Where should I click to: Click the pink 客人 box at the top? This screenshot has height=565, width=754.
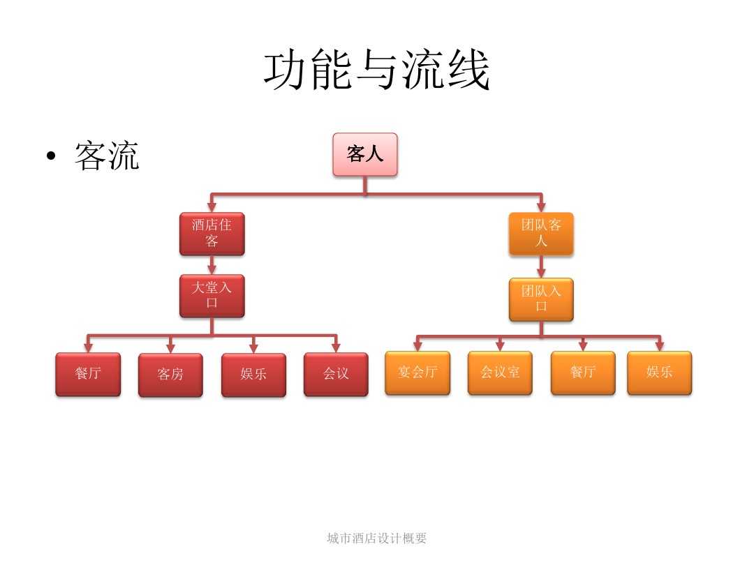[365, 154]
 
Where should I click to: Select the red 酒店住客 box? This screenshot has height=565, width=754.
[212, 234]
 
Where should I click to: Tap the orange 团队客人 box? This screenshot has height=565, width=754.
[541, 234]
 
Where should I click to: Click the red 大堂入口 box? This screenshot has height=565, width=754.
[212, 296]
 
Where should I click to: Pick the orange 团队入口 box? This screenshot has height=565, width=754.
[541, 299]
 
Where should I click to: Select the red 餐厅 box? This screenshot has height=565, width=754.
[88, 374]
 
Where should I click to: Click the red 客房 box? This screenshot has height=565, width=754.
[170, 375]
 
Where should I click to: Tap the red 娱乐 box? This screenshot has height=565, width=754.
[253, 375]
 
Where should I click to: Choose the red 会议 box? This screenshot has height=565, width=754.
[336, 374]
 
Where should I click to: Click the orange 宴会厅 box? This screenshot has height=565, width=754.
[417, 372]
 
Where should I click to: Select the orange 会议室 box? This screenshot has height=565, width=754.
[500, 372]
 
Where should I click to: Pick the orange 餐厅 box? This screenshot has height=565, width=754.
[583, 372]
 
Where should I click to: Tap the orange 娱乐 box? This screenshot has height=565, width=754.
[659, 372]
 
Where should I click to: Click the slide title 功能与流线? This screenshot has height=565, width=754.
[377, 70]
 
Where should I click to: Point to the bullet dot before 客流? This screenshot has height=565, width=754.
[50, 157]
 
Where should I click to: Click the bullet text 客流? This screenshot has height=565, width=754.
[107, 156]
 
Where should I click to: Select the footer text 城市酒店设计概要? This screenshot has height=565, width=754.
[377, 538]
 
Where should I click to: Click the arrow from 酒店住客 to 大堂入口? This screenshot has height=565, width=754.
[212, 265]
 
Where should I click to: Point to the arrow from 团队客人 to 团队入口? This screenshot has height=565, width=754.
[541, 267]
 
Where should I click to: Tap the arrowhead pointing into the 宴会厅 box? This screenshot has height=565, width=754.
[417, 346]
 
